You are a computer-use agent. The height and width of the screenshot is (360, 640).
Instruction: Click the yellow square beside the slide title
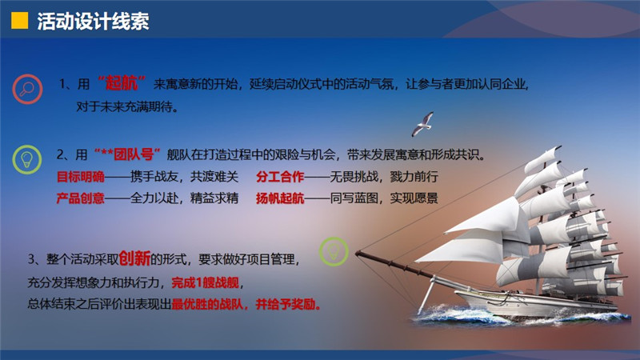tap(19, 21)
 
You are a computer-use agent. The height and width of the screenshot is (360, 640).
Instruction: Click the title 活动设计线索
tap(93, 22)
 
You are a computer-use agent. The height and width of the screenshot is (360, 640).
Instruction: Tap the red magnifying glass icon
tap(27, 89)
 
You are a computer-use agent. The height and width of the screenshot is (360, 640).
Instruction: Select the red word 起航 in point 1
tap(122, 83)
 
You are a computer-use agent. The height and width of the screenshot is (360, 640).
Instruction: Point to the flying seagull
tap(423, 124)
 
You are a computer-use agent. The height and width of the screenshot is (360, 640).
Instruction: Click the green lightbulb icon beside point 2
tap(27, 159)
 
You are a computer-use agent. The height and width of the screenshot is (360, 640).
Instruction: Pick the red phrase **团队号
tap(127, 154)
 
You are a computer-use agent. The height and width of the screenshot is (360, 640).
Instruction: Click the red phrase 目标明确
tap(81, 177)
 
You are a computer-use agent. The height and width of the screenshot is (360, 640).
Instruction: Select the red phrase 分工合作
tap(280, 177)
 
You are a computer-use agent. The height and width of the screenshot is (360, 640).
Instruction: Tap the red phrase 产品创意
tap(81, 198)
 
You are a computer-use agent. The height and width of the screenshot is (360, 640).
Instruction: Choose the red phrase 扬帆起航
tap(280, 198)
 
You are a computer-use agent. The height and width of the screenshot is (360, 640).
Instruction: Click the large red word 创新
tap(134, 258)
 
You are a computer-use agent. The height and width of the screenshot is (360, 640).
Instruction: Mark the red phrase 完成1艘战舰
tap(206, 282)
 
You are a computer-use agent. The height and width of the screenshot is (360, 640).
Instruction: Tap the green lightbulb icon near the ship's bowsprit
tap(334, 252)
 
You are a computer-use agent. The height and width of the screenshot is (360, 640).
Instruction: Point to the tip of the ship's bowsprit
tap(356, 254)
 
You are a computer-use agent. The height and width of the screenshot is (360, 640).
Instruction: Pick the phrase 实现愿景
tap(414, 198)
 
